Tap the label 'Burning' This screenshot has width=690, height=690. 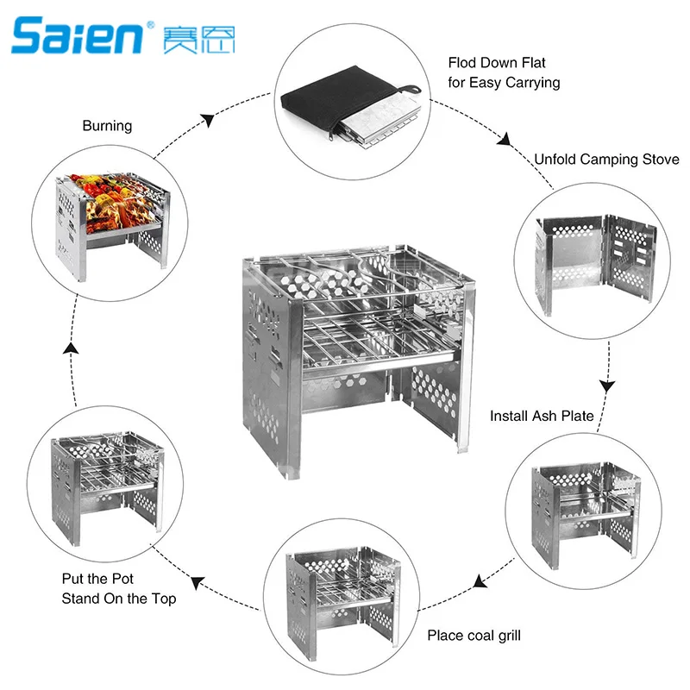(x=107, y=126)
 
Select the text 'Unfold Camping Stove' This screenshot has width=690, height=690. (x=606, y=160)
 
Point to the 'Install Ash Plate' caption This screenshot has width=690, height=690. (x=542, y=416)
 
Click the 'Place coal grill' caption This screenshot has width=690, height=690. (x=474, y=637)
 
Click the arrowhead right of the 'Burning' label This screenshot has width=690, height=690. (x=207, y=122)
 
